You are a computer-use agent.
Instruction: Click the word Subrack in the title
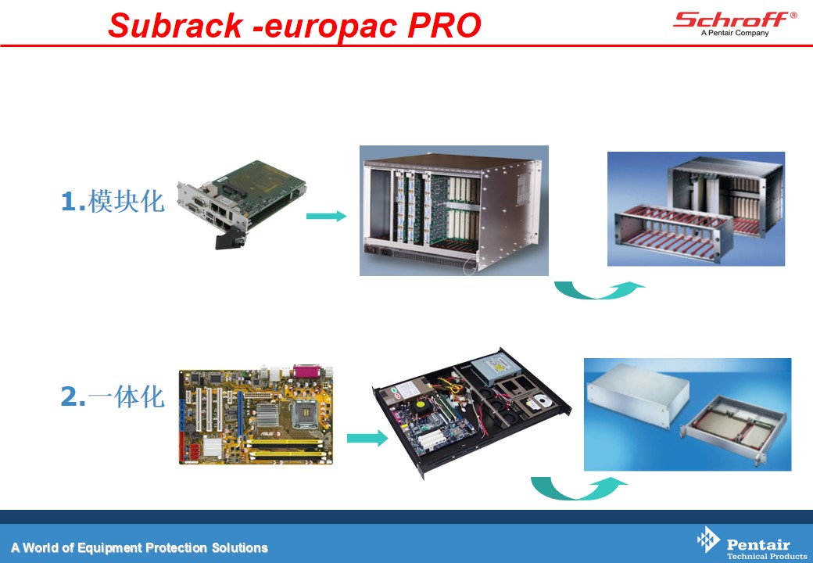click(175, 25)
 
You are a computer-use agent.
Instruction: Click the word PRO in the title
click(444, 25)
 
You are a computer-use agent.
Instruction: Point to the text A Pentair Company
click(735, 33)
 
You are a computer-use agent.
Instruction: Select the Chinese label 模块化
click(127, 201)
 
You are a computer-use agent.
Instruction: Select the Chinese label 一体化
click(127, 396)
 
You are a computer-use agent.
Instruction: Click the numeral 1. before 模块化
click(73, 202)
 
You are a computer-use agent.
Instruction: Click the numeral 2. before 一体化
click(73, 397)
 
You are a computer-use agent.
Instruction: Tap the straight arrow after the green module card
click(326, 216)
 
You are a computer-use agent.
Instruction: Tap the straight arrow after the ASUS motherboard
click(367, 438)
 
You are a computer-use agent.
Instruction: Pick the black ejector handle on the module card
click(227, 240)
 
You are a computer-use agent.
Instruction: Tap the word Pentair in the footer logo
click(758, 544)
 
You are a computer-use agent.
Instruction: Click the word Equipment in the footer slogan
click(110, 548)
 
